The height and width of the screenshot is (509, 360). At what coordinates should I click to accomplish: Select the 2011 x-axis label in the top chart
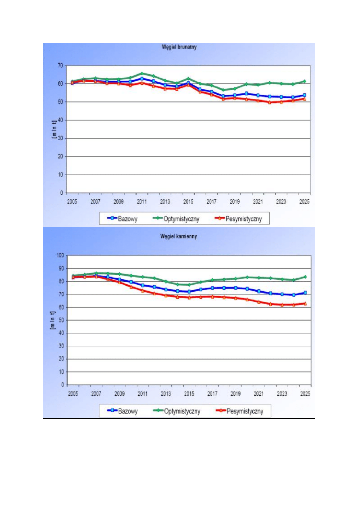[142, 201]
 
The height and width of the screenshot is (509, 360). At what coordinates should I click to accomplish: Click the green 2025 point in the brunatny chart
[305, 81]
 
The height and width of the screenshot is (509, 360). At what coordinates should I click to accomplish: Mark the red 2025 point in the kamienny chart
[305, 303]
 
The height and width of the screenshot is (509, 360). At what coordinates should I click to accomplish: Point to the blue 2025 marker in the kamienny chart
[305, 293]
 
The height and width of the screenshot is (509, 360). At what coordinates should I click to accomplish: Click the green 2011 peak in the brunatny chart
[142, 73]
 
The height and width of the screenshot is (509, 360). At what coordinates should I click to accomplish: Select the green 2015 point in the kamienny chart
[188, 285]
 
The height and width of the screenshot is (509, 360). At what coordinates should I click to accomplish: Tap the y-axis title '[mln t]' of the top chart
[54, 129]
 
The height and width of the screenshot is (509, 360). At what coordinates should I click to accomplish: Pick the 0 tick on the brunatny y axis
[62, 193]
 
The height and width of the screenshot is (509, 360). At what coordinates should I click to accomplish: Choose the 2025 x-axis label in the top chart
[304, 201]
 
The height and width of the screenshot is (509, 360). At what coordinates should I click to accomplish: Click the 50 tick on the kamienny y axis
[60, 320]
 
